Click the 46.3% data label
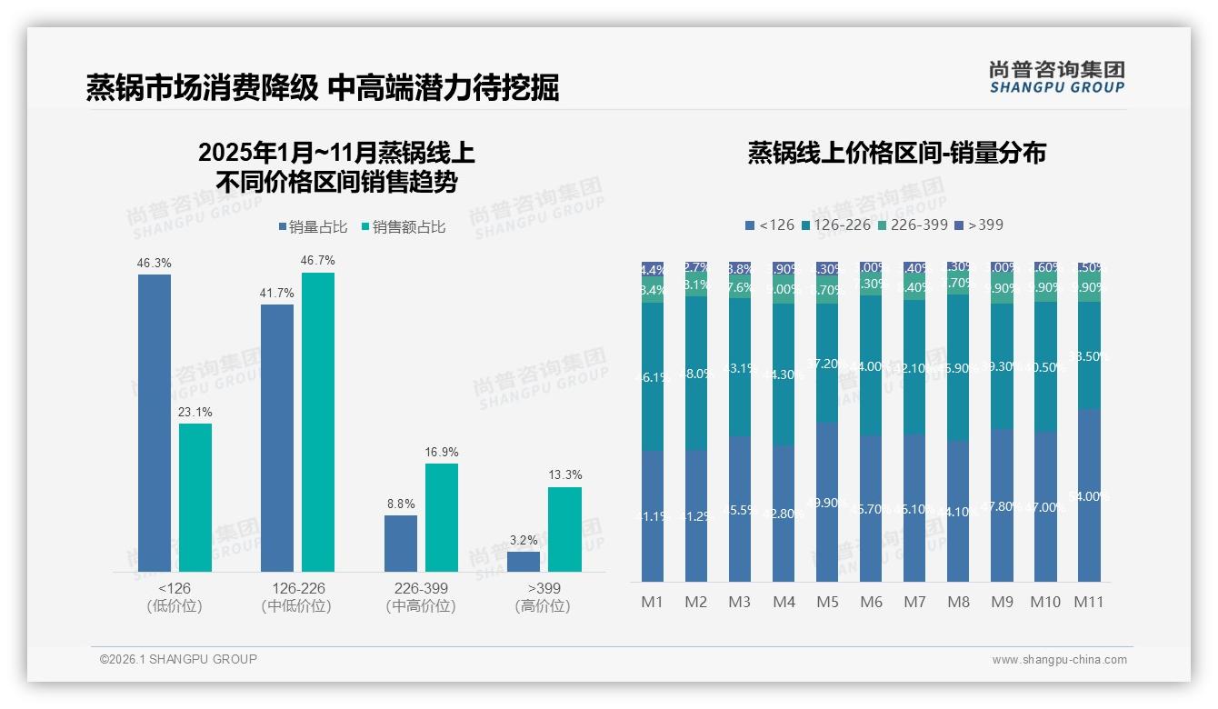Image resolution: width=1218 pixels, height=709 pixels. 155,264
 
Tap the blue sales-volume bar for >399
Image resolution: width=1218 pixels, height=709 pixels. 524,561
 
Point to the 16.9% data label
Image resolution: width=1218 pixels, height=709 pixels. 442,452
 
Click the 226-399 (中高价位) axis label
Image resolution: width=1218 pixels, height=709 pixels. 421,597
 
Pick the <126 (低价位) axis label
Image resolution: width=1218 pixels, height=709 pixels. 174,597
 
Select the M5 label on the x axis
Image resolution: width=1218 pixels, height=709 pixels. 827,602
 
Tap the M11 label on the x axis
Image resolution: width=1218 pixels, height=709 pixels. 1089,602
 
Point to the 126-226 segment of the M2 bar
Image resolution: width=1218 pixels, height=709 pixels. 696,373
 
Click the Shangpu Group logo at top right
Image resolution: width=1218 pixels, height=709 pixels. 1056,77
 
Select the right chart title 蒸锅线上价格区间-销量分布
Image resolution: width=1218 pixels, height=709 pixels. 896,153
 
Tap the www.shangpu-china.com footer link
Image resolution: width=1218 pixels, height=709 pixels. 1059,660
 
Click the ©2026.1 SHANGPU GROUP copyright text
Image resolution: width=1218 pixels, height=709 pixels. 178,659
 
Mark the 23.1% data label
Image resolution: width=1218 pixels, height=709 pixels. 195,413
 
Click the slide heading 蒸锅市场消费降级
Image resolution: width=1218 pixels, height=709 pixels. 202,87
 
